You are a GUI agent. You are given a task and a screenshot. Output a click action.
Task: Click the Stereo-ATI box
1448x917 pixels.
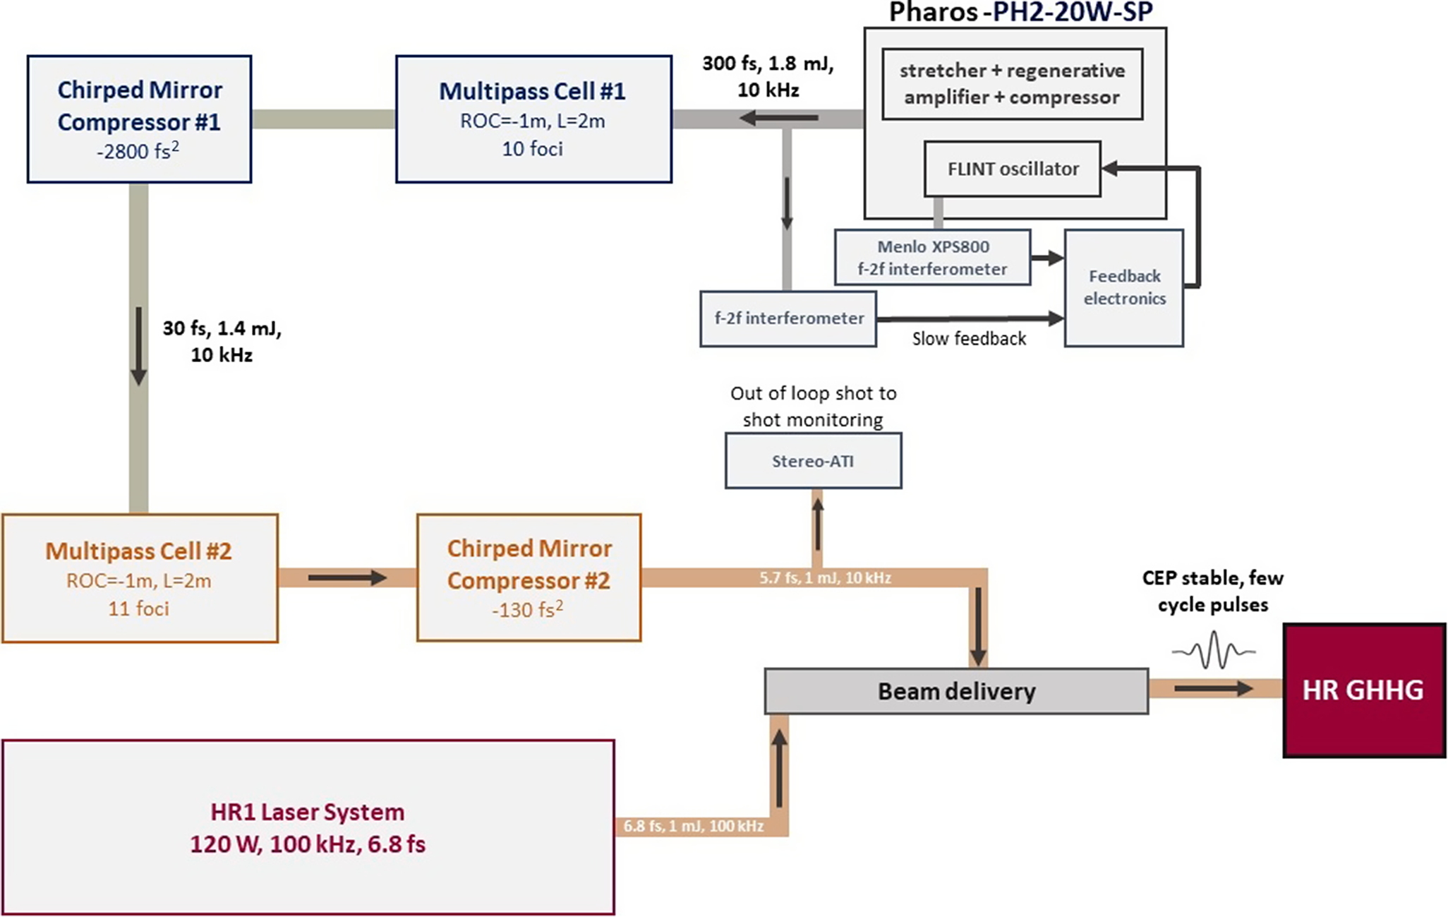click(x=813, y=461)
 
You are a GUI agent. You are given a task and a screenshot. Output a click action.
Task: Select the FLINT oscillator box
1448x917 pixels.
click(x=1012, y=169)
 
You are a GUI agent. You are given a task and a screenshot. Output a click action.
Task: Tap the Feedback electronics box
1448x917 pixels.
click(x=1124, y=287)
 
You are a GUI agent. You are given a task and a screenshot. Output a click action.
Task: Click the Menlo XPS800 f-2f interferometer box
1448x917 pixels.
click(x=932, y=258)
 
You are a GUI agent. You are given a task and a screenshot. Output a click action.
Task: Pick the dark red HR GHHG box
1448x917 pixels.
click(x=1363, y=690)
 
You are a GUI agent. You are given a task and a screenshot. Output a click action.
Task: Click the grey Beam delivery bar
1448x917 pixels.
click(x=956, y=691)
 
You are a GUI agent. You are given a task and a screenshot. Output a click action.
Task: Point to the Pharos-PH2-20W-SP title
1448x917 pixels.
click(x=1020, y=12)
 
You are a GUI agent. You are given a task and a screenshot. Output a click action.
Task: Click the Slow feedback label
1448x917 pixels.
click(x=969, y=339)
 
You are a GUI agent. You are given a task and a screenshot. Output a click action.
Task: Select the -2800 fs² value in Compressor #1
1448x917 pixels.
click(x=138, y=151)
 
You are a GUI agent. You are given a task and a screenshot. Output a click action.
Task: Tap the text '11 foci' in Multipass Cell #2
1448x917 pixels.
click(x=138, y=609)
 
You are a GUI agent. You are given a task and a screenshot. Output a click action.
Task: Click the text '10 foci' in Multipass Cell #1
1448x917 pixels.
click(x=533, y=149)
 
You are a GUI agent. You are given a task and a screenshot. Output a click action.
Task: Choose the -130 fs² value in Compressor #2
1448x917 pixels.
click(x=528, y=609)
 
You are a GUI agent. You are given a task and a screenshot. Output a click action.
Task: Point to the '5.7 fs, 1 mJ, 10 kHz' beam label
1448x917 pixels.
click(x=825, y=578)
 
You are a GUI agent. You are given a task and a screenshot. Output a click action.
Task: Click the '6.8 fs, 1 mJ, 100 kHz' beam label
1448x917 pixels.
click(x=694, y=826)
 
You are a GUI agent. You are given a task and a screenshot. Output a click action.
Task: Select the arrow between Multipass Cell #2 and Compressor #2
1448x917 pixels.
click(x=347, y=578)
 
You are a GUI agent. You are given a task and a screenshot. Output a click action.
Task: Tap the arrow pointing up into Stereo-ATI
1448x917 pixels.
click(x=817, y=522)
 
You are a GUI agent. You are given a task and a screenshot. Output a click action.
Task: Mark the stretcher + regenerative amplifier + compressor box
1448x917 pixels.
click(x=1012, y=84)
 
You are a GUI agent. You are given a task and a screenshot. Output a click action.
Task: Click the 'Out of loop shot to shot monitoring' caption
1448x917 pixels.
click(x=813, y=407)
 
